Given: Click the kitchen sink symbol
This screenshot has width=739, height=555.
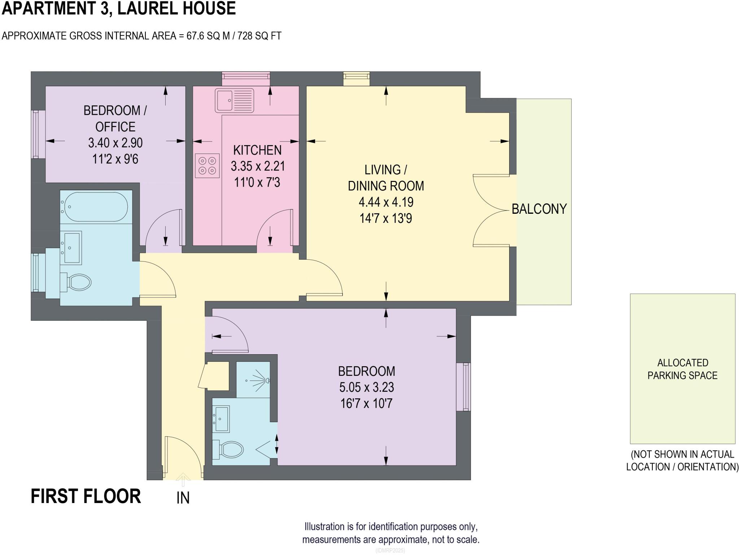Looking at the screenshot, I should (x=235, y=100).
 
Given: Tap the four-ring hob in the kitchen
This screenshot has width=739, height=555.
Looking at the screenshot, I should (x=207, y=165).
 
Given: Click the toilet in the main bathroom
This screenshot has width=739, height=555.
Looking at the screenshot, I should (x=76, y=282).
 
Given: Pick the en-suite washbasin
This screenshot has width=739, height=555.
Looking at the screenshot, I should (x=221, y=419).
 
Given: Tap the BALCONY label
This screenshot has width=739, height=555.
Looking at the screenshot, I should (x=539, y=209).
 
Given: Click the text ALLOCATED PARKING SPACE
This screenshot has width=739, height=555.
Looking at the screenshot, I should (x=682, y=369).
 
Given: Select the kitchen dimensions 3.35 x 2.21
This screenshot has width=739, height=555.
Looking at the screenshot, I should (x=258, y=166).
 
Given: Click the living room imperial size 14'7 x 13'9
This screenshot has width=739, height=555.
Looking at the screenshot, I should (x=386, y=218).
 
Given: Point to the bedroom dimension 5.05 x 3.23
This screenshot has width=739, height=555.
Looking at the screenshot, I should (x=366, y=387).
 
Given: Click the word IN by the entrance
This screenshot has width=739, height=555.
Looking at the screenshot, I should (x=183, y=498).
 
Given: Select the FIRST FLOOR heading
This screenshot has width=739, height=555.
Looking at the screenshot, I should (x=86, y=496).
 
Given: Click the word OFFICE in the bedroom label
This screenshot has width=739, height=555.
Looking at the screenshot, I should (x=115, y=127).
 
